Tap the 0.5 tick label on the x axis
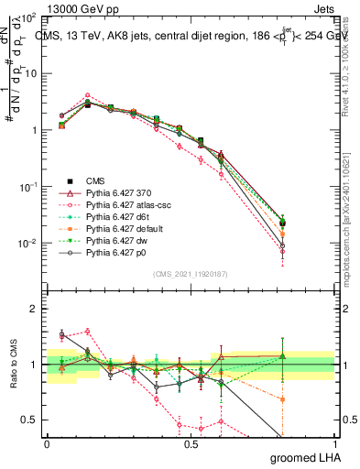pyautogui.click(x=191, y=444)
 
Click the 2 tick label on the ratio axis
pyautogui.click(x=36, y=310)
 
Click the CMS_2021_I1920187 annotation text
pyautogui.click(x=192, y=274)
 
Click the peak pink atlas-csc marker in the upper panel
pyautogui.click(x=87, y=94)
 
